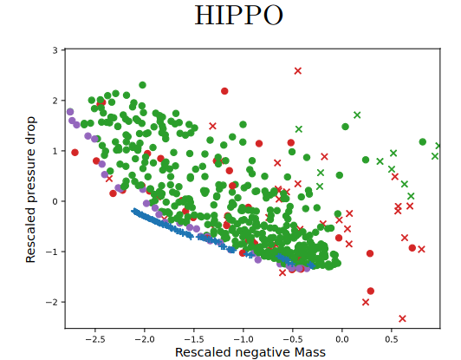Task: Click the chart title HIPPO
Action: point(239,16)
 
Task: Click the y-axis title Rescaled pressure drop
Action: point(30,189)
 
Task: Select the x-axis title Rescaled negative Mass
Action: point(250,352)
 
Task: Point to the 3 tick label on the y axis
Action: point(55,50)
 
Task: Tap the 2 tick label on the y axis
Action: point(55,101)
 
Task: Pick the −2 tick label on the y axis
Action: point(52,302)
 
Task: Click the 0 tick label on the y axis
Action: point(55,201)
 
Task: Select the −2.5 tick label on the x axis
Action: point(95,339)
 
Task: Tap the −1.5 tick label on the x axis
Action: point(194,339)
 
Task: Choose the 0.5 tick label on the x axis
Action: point(392,339)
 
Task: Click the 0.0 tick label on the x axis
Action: point(342,339)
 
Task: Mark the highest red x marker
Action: point(298,70)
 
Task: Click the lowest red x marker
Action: point(402,318)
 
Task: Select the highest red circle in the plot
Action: point(224,91)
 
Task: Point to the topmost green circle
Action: point(142,85)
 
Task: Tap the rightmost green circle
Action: point(423,142)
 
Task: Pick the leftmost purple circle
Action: point(70,112)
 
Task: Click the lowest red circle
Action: point(371,291)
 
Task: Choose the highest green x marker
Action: point(357,115)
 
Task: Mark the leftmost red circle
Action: point(75,153)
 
